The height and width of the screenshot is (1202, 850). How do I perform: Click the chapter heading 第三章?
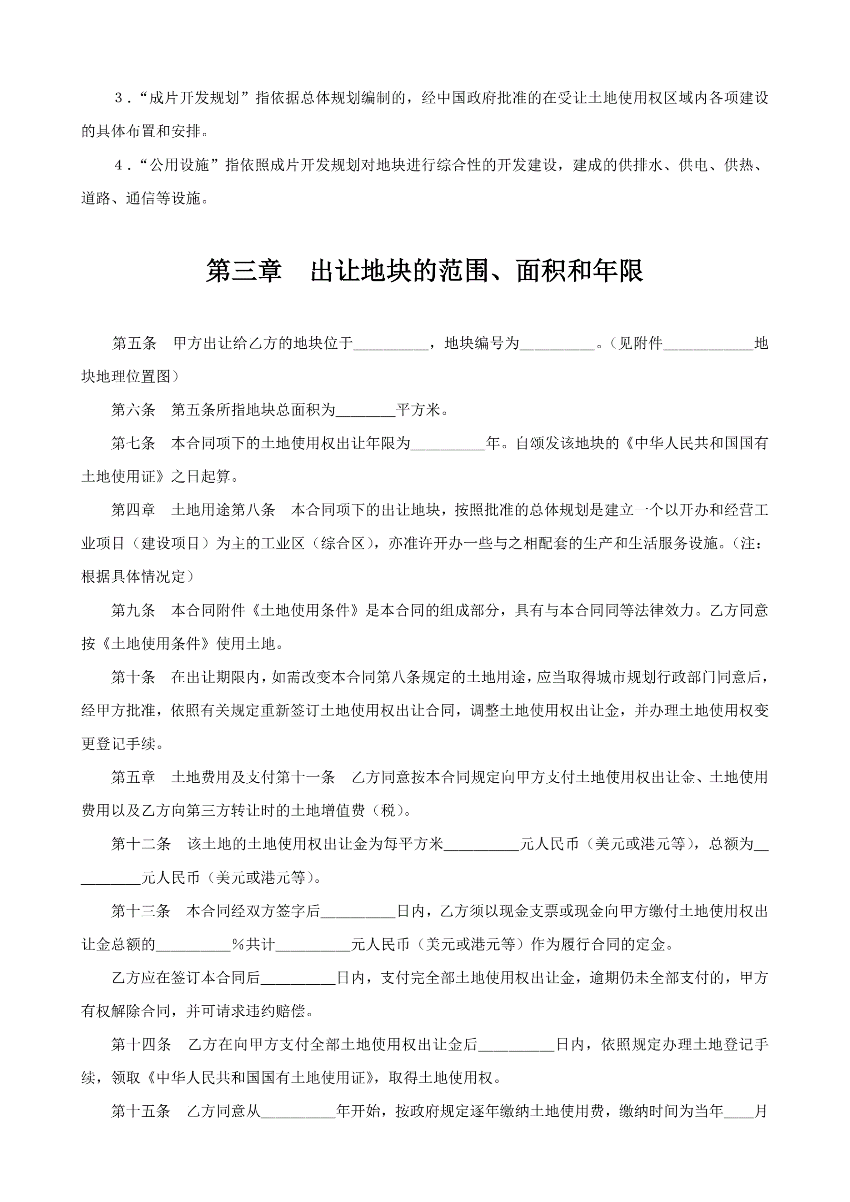point(243,271)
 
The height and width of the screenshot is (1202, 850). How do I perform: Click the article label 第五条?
point(134,343)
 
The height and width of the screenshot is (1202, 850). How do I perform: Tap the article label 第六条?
point(133,410)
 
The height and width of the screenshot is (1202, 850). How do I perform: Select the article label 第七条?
point(133,444)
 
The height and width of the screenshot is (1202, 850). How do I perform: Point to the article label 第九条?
point(133,610)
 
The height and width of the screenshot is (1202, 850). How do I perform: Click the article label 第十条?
point(133,677)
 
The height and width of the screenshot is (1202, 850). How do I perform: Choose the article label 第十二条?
point(141,844)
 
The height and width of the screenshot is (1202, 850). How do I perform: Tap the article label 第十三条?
point(141,911)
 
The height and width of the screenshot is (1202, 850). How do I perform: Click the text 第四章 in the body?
point(133,510)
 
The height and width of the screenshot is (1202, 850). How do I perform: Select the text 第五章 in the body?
point(133,778)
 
